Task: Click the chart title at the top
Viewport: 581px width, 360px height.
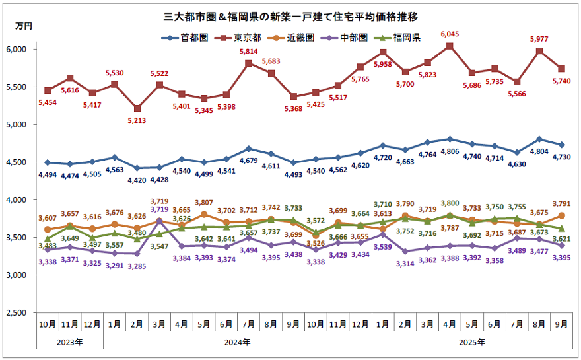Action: tap(290, 14)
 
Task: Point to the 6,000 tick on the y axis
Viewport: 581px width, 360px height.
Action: tap(15, 49)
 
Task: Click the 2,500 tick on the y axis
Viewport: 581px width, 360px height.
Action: tap(15, 312)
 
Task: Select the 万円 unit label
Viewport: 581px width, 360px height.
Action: tap(22, 26)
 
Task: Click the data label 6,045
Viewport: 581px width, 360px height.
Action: tap(450, 34)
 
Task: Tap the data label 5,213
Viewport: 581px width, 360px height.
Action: tap(137, 120)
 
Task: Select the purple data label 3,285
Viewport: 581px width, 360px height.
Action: tap(137, 266)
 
